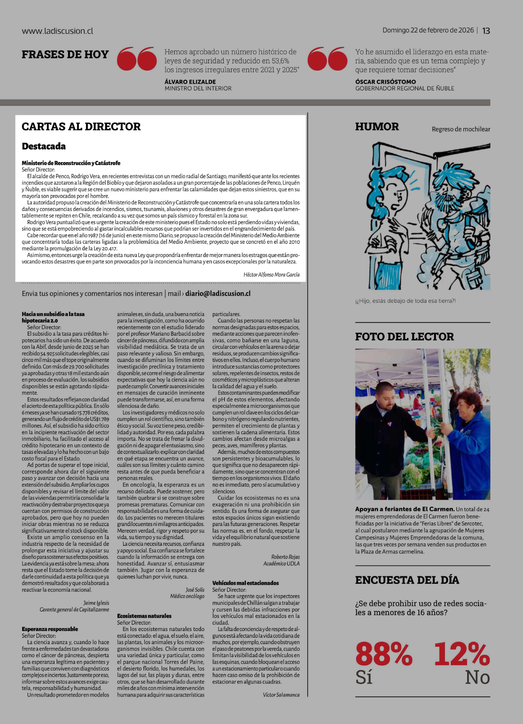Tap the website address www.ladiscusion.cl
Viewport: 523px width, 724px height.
[x=57, y=31]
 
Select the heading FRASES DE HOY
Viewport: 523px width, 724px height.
[x=65, y=55]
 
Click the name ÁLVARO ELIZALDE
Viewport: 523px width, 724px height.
[x=190, y=82]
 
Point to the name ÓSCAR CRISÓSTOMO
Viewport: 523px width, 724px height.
[x=385, y=82]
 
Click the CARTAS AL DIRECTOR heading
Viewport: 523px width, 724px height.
[x=81, y=127]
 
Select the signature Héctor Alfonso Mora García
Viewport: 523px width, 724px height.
[x=271, y=274]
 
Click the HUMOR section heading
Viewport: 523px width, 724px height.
[x=377, y=127]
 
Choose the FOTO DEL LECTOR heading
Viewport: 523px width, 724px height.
[x=404, y=336]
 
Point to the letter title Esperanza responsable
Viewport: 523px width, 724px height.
[x=50, y=629]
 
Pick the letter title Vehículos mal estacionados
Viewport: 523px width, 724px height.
[x=245, y=583]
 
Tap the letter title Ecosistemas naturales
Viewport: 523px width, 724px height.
[x=144, y=616]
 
